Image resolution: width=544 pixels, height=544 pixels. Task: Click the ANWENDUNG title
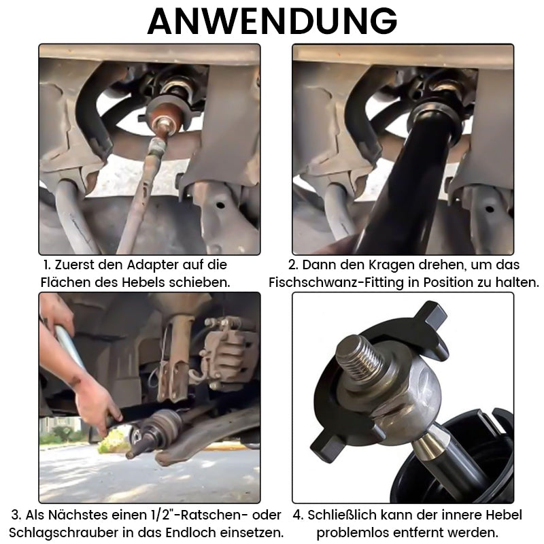point(272,21)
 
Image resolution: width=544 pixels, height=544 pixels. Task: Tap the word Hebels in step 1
point(142,282)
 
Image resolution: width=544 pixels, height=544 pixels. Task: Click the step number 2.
point(293,265)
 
